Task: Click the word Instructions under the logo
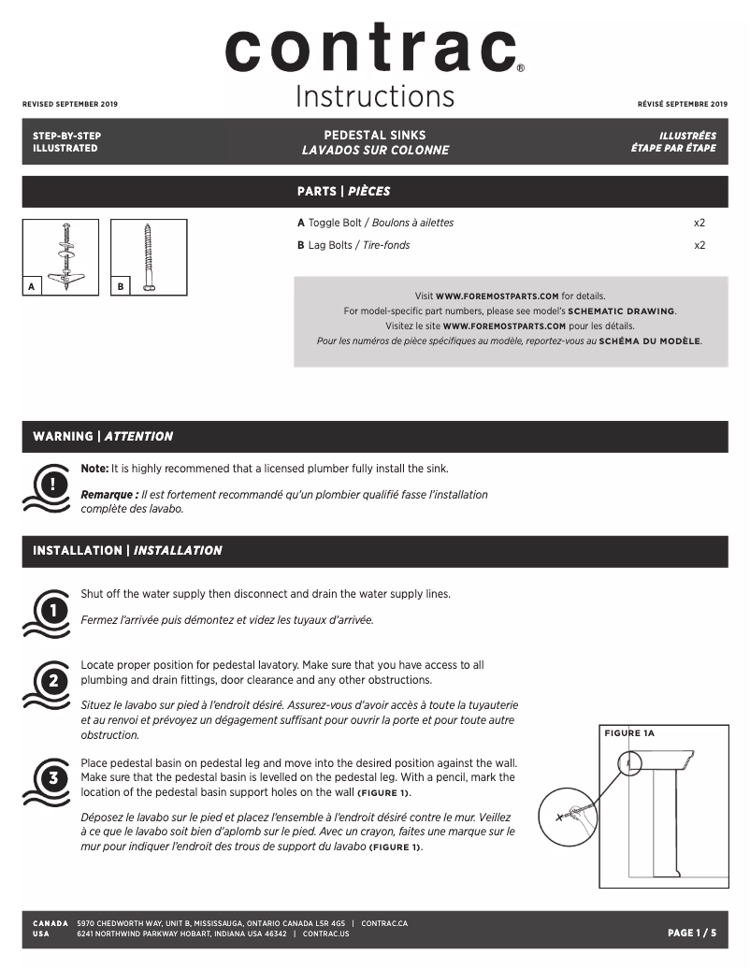(x=374, y=96)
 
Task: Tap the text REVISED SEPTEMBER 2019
(x=70, y=104)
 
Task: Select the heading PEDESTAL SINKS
(x=374, y=136)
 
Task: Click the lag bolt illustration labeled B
(x=148, y=257)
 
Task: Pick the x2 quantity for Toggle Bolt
(x=699, y=223)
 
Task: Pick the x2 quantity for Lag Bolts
(x=699, y=245)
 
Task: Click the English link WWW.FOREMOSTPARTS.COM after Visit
(x=497, y=296)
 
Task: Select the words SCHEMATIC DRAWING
(x=621, y=311)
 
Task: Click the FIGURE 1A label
(x=630, y=733)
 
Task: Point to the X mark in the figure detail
(x=560, y=816)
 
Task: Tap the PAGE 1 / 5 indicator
(x=691, y=933)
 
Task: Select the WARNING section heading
(x=103, y=436)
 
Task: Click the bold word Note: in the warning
(x=94, y=468)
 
